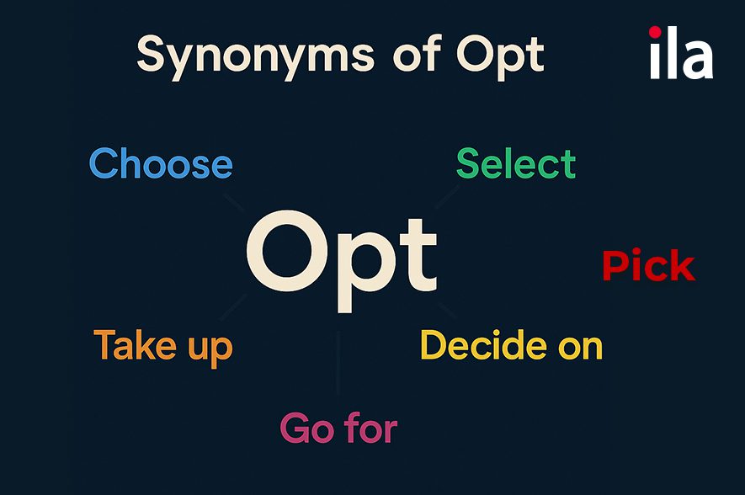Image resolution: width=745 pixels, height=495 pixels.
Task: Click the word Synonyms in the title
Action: (x=256, y=57)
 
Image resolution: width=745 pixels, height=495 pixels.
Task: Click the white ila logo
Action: (x=681, y=53)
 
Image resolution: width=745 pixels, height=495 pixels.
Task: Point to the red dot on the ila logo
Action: (x=655, y=32)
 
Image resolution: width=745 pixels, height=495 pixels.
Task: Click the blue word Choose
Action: (x=161, y=163)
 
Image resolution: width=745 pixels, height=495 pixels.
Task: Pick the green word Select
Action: (x=516, y=163)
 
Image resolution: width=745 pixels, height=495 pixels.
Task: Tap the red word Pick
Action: (x=648, y=265)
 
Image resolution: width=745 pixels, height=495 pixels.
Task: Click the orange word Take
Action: (x=136, y=345)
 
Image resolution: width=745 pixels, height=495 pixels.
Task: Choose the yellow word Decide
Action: (x=484, y=344)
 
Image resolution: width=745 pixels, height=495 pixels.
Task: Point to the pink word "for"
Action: (x=371, y=427)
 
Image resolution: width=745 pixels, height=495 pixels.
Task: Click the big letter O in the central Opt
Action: (x=287, y=251)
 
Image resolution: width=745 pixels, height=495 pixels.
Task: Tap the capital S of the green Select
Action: (x=469, y=163)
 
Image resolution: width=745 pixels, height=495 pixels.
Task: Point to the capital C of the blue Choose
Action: (x=104, y=163)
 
